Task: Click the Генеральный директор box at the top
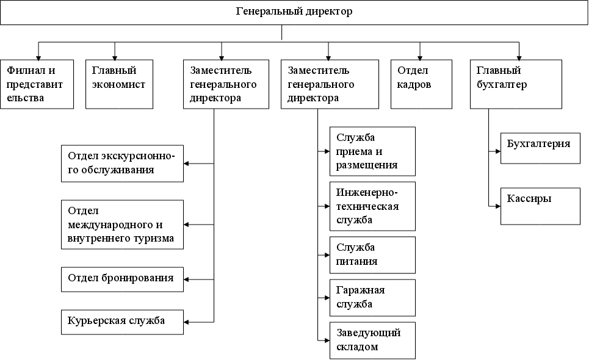tap(294, 12)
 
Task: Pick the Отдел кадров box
tap(421, 84)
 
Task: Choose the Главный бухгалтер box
tap(516, 84)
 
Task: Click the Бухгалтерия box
tap(540, 148)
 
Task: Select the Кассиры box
tap(540, 206)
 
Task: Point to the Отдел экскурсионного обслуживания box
tap(122, 163)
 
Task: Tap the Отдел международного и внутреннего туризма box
tap(122, 224)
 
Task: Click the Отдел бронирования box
tap(122, 279)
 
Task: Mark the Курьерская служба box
tap(122, 322)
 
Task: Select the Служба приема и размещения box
tap(372, 151)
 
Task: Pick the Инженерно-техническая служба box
tap(372, 206)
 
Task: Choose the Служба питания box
tap(372, 254)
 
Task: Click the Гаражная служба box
tap(372, 297)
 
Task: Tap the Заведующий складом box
tap(372, 340)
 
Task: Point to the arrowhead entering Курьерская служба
tap(187, 322)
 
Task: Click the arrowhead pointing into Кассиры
tap(497, 206)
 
